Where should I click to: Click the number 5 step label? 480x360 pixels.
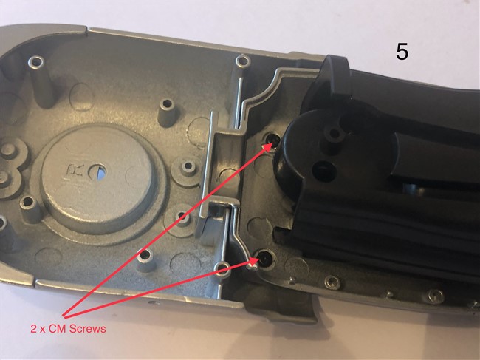click(402, 52)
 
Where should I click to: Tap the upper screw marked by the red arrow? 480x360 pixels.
click(272, 140)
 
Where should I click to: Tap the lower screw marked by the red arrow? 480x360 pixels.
click(264, 260)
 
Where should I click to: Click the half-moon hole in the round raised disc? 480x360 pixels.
click(97, 172)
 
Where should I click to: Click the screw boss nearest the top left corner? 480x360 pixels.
click(36, 63)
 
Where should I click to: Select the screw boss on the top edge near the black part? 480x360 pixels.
click(244, 61)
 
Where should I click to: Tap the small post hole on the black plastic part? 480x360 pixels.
click(335, 133)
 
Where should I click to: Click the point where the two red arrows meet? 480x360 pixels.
click(64, 316)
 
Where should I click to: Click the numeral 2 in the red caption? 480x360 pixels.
click(34, 329)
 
